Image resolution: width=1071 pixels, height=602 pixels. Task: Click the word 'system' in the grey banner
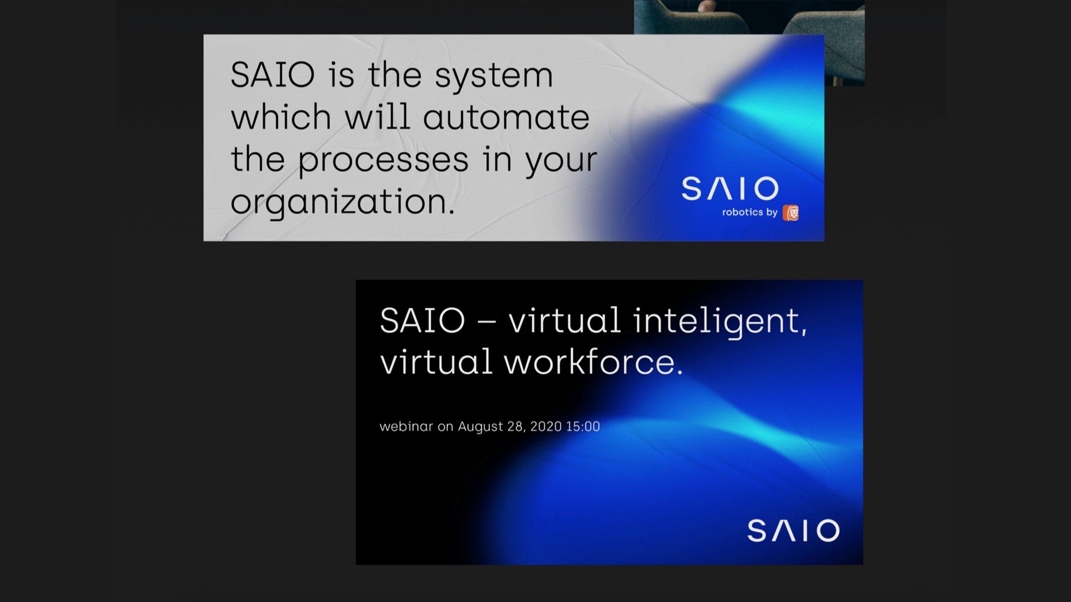[494, 77]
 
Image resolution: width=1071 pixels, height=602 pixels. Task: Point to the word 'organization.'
[342, 202]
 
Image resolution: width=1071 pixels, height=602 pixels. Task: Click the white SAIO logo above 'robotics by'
[730, 188]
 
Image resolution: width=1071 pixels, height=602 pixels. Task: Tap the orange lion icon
[790, 212]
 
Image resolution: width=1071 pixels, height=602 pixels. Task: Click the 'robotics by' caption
[750, 212]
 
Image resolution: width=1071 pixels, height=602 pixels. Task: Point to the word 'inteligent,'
[720, 322]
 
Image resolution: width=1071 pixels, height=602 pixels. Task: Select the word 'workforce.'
[593, 362]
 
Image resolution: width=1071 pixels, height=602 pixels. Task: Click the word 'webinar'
[406, 426]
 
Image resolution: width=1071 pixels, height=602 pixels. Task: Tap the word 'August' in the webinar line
[480, 427]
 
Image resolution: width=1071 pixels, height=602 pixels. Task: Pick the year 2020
[546, 426]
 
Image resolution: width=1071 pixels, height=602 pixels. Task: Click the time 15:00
[583, 426]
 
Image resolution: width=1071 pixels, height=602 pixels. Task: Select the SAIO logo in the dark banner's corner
[793, 530]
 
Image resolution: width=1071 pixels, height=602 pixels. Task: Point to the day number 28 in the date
[515, 427]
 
